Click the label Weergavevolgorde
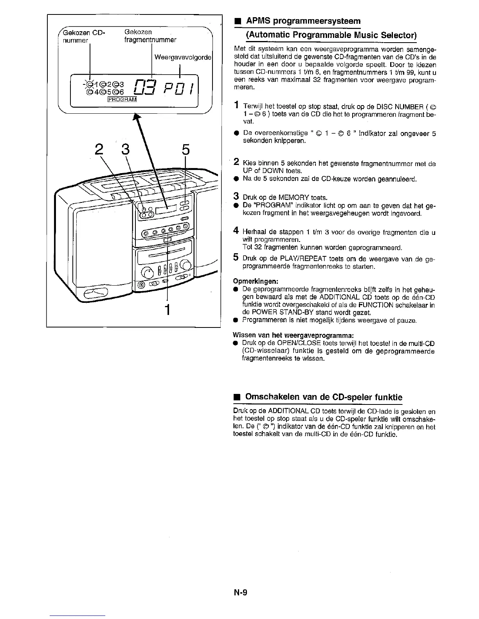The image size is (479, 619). point(183,57)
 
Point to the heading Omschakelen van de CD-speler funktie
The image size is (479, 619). point(323,397)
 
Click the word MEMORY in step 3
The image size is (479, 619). point(288,197)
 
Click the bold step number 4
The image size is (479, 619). point(236,231)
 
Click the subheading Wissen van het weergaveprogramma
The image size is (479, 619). point(294,335)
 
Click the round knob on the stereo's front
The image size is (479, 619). point(148,272)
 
